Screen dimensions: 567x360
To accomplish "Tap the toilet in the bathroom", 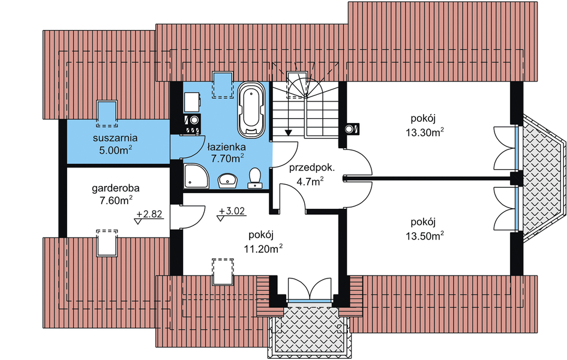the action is pos(255,178).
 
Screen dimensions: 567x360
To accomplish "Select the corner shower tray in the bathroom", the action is pos(196,176).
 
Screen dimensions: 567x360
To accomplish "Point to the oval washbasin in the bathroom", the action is pos(227,180).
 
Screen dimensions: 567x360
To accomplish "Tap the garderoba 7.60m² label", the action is pos(116,194).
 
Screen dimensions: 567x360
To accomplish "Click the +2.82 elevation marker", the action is pos(149,217).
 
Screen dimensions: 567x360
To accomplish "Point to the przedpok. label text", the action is pos(312,168).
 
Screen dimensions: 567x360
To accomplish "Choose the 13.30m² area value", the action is pos(425,132).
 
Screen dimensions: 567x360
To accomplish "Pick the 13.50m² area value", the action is pos(425,236).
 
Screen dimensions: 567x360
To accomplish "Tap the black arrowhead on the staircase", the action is pos(288,132).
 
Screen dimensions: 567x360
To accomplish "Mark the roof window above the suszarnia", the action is pos(107,114).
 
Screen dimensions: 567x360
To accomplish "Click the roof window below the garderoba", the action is pos(107,242).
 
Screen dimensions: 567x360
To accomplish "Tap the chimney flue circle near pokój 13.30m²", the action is pos(350,128).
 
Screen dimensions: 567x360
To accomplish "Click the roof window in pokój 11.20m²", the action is pos(223,271).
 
